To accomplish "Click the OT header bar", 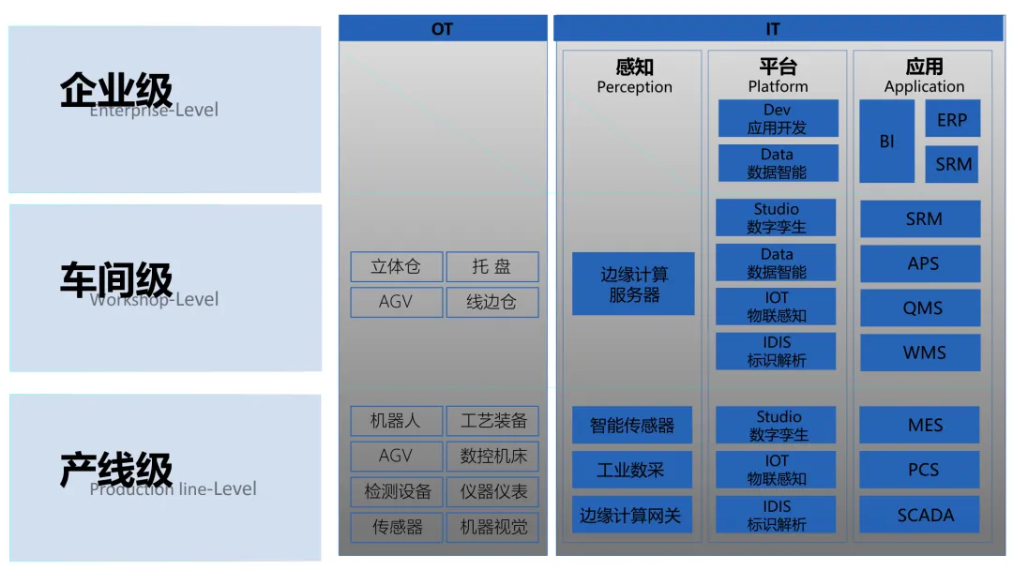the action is coord(442,29).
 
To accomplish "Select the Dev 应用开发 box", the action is coord(778,119).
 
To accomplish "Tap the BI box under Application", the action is coord(886,142).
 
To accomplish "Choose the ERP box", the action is coord(952,119).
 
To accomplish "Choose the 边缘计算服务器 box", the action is coord(633,284).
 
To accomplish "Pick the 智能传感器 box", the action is coord(632,425).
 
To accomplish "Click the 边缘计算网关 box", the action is coord(632,515).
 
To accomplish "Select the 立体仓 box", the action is coord(396,267).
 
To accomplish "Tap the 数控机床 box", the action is coord(492,457).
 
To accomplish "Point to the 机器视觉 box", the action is coord(492,527).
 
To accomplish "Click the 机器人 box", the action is coord(396,421).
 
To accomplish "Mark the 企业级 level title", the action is coord(116,92).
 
